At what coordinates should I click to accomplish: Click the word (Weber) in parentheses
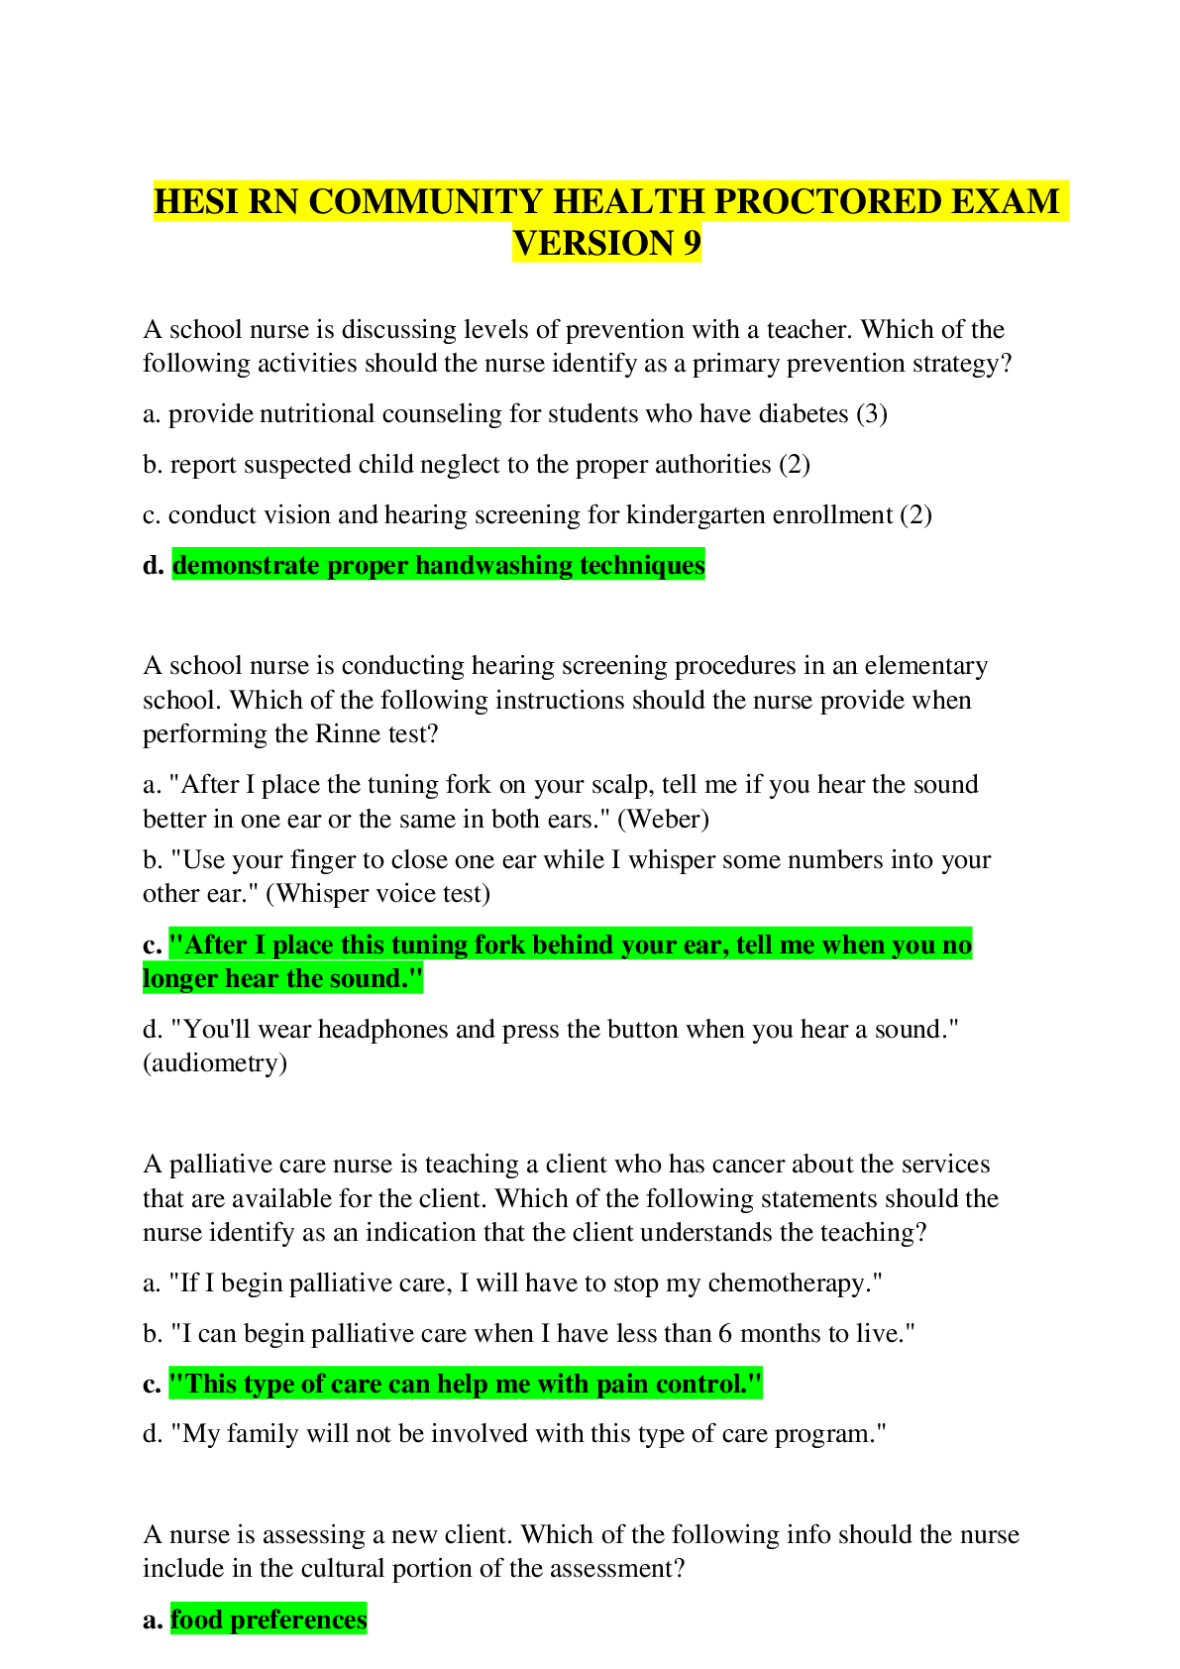664,819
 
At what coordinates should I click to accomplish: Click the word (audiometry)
215,1063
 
